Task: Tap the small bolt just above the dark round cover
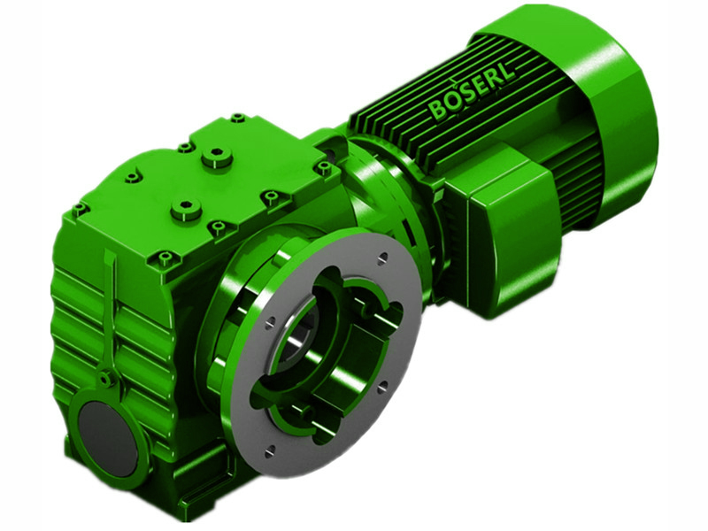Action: [x=105, y=380]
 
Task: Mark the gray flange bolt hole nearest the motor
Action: [x=383, y=259]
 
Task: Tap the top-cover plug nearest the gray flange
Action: [x=186, y=210]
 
